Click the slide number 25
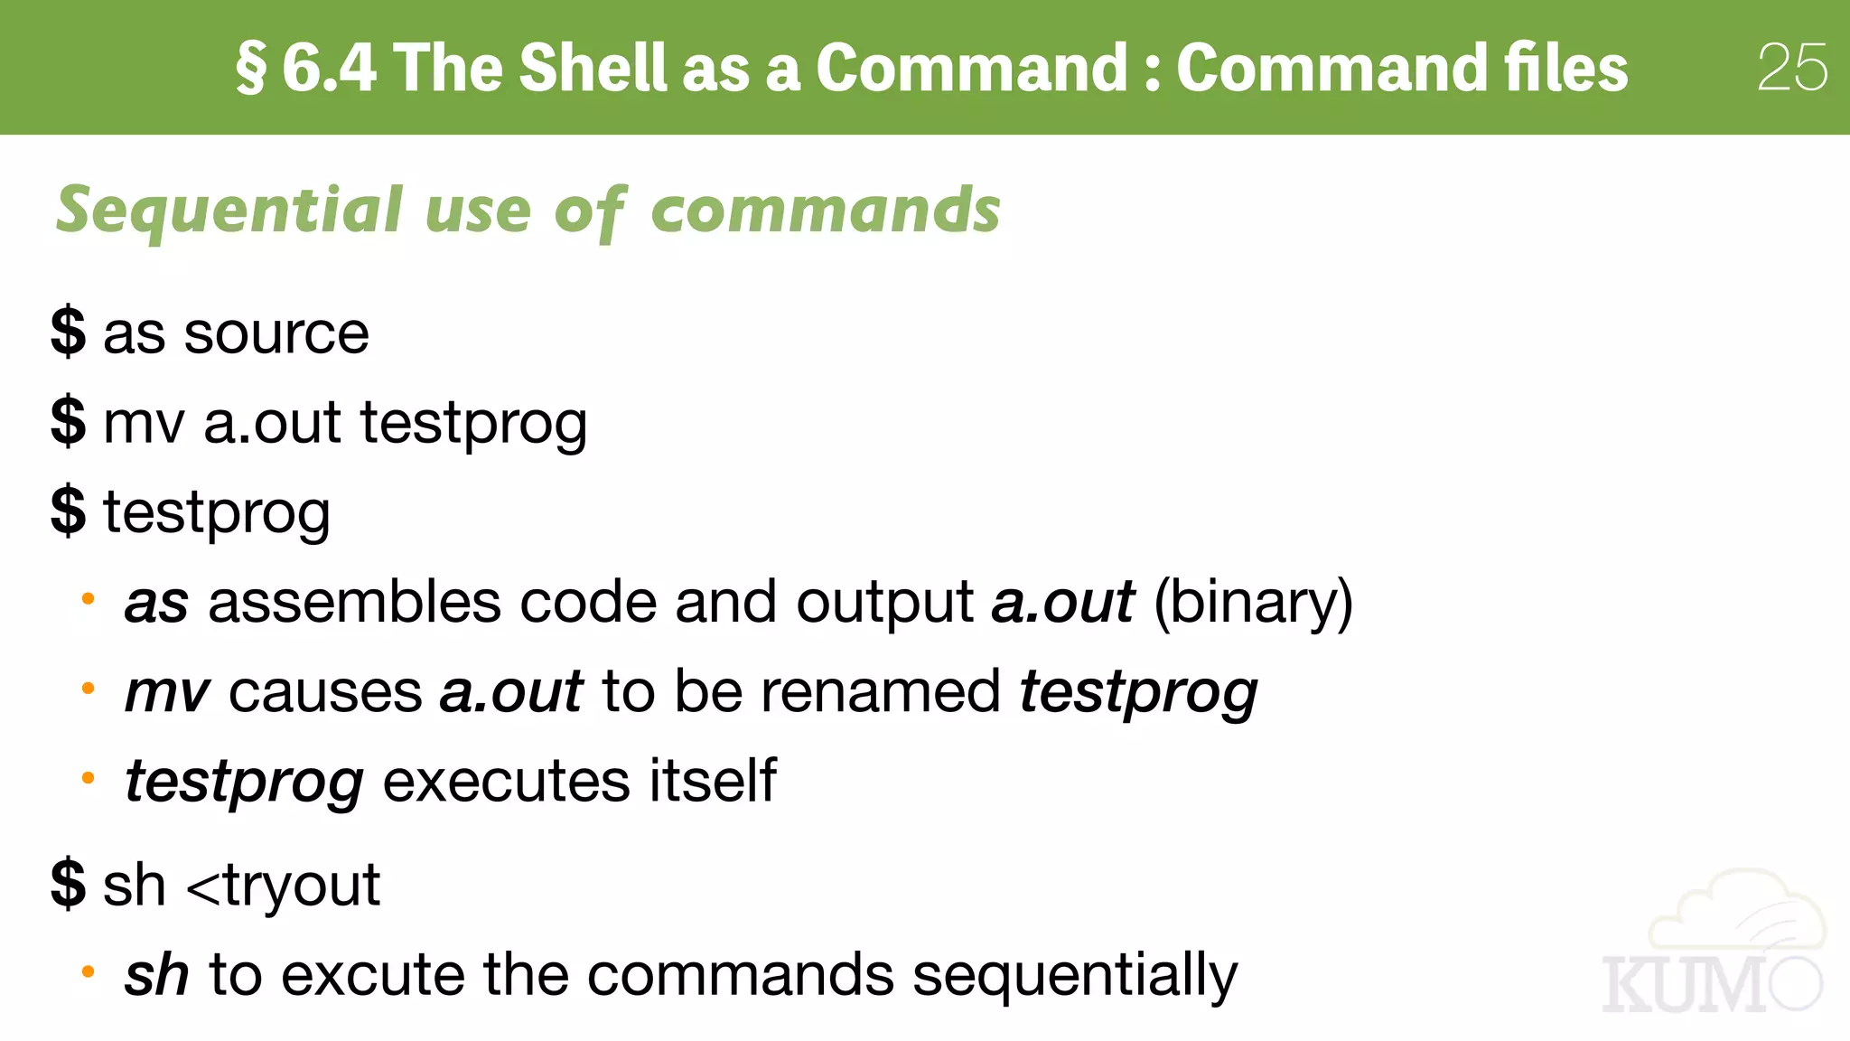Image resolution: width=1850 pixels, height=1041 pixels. (x=1792, y=68)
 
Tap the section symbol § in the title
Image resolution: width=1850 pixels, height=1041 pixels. (x=252, y=69)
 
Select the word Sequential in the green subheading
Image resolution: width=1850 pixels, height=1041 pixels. (x=229, y=211)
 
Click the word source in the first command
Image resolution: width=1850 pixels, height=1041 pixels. (x=276, y=333)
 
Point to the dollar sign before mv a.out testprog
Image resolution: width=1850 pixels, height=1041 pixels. (x=69, y=421)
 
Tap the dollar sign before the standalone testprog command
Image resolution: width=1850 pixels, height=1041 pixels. (x=69, y=511)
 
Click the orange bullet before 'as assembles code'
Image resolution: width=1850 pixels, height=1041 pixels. (x=88, y=598)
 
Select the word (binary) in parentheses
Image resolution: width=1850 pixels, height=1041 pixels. (x=1253, y=602)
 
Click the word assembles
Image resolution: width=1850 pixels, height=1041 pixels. (x=354, y=602)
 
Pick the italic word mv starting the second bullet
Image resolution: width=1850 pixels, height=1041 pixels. (x=167, y=692)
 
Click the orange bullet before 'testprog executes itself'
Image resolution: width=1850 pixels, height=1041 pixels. (x=88, y=777)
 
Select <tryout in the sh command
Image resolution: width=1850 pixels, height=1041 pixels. (x=283, y=885)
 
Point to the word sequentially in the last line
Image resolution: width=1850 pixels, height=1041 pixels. (x=1075, y=975)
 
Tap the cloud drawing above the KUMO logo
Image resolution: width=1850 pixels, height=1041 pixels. (x=1739, y=913)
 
